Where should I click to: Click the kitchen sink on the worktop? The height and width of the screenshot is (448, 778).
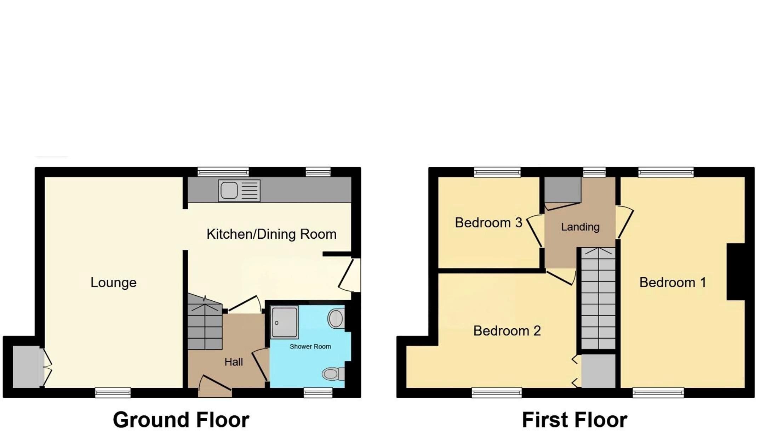239,191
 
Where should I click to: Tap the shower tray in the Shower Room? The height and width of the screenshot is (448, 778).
284,322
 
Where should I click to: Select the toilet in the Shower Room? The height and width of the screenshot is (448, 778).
333,374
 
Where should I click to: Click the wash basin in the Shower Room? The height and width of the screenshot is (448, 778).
336,318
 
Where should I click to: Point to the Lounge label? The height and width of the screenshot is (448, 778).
114,282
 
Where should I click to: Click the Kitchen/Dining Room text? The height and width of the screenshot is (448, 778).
271,234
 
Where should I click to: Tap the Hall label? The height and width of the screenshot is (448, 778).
234,362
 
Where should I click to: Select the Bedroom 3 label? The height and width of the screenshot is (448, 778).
488,222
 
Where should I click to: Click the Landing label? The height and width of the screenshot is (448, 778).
580,227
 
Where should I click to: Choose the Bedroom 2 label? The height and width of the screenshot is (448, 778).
507,330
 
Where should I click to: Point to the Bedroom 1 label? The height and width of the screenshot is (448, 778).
673,282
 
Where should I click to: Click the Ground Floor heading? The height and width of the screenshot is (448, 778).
181,420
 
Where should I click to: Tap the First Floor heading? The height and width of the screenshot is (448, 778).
575,420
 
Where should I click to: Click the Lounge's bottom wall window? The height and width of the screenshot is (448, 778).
113,392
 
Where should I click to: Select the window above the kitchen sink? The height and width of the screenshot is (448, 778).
223,172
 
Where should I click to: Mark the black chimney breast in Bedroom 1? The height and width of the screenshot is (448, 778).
736,272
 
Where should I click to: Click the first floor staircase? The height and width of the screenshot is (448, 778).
598,298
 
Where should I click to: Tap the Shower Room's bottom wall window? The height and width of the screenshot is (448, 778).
318,392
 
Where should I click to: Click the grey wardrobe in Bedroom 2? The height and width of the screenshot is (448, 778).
599,371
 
